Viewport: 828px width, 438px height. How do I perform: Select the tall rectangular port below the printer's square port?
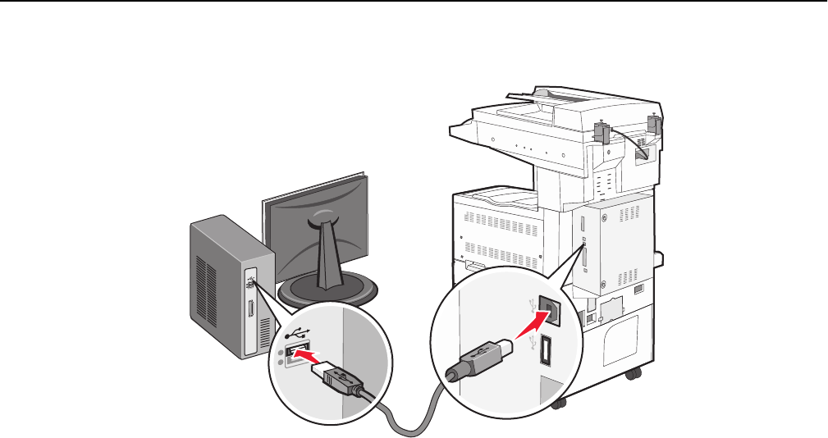pyautogui.click(x=545, y=349)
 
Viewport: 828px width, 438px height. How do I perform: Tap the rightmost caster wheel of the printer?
pyautogui.click(x=631, y=375)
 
